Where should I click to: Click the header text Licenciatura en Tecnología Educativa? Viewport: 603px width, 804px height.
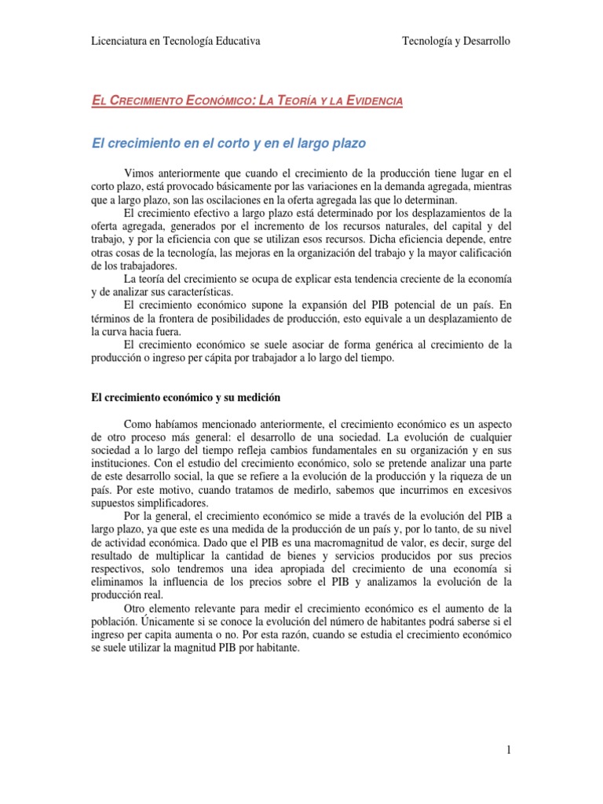176,41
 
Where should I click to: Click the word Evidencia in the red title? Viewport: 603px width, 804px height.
368,101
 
